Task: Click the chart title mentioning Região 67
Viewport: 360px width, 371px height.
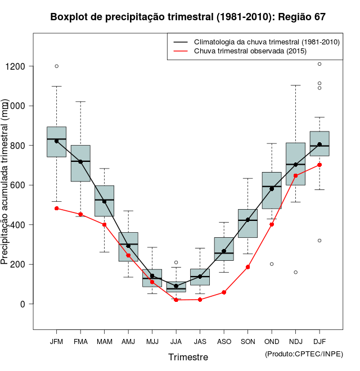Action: pyautogui.click(x=188, y=17)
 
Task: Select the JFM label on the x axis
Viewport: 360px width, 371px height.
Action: pyautogui.click(x=56, y=342)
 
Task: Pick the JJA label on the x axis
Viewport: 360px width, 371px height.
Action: pyautogui.click(x=176, y=342)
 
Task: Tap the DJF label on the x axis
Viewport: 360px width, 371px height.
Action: pyautogui.click(x=319, y=342)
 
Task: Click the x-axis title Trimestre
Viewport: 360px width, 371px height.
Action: pyautogui.click(x=188, y=357)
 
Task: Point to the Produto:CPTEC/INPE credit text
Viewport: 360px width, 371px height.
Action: pyautogui.click(x=304, y=354)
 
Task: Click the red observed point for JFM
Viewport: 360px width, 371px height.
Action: pyautogui.click(x=56, y=209)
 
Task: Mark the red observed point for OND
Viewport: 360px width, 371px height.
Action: pyautogui.click(x=272, y=224)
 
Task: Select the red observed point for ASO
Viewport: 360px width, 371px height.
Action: pyautogui.click(x=224, y=292)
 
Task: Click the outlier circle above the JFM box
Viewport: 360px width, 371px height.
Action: pyautogui.click(x=56, y=66)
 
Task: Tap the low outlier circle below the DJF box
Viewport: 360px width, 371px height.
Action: pyautogui.click(x=319, y=241)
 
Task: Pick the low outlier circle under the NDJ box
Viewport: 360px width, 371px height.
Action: pyautogui.click(x=295, y=272)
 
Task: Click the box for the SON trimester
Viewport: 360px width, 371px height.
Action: pyautogui.click(x=247, y=224)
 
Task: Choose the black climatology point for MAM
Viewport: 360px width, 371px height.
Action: pyautogui.click(x=104, y=201)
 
